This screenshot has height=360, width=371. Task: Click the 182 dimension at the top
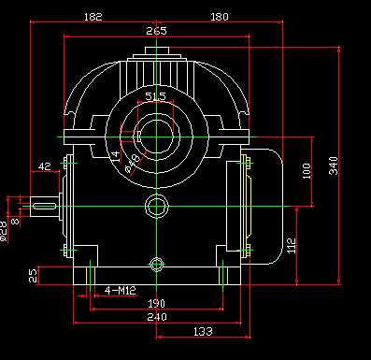(x=93, y=16)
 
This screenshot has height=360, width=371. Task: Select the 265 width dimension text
(x=156, y=31)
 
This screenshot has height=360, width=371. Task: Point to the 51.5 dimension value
(x=156, y=96)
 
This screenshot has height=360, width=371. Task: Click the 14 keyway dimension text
(x=115, y=156)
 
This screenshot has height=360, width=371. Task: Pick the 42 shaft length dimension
(x=44, y=166)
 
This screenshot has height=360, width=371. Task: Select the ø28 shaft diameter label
(x=4, y=229)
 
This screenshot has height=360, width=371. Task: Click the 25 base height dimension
(x=33, y=276)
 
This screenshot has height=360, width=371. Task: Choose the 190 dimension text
(x=156, y=304)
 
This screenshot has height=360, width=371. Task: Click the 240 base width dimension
(x=156, y=317)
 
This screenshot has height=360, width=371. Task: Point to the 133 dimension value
(x=201, y=331)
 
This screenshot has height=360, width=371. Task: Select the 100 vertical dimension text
(x=307, y=171)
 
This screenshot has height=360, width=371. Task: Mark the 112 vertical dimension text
(x=293, y=245)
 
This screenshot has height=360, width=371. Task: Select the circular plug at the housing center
(x=156, y=207)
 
